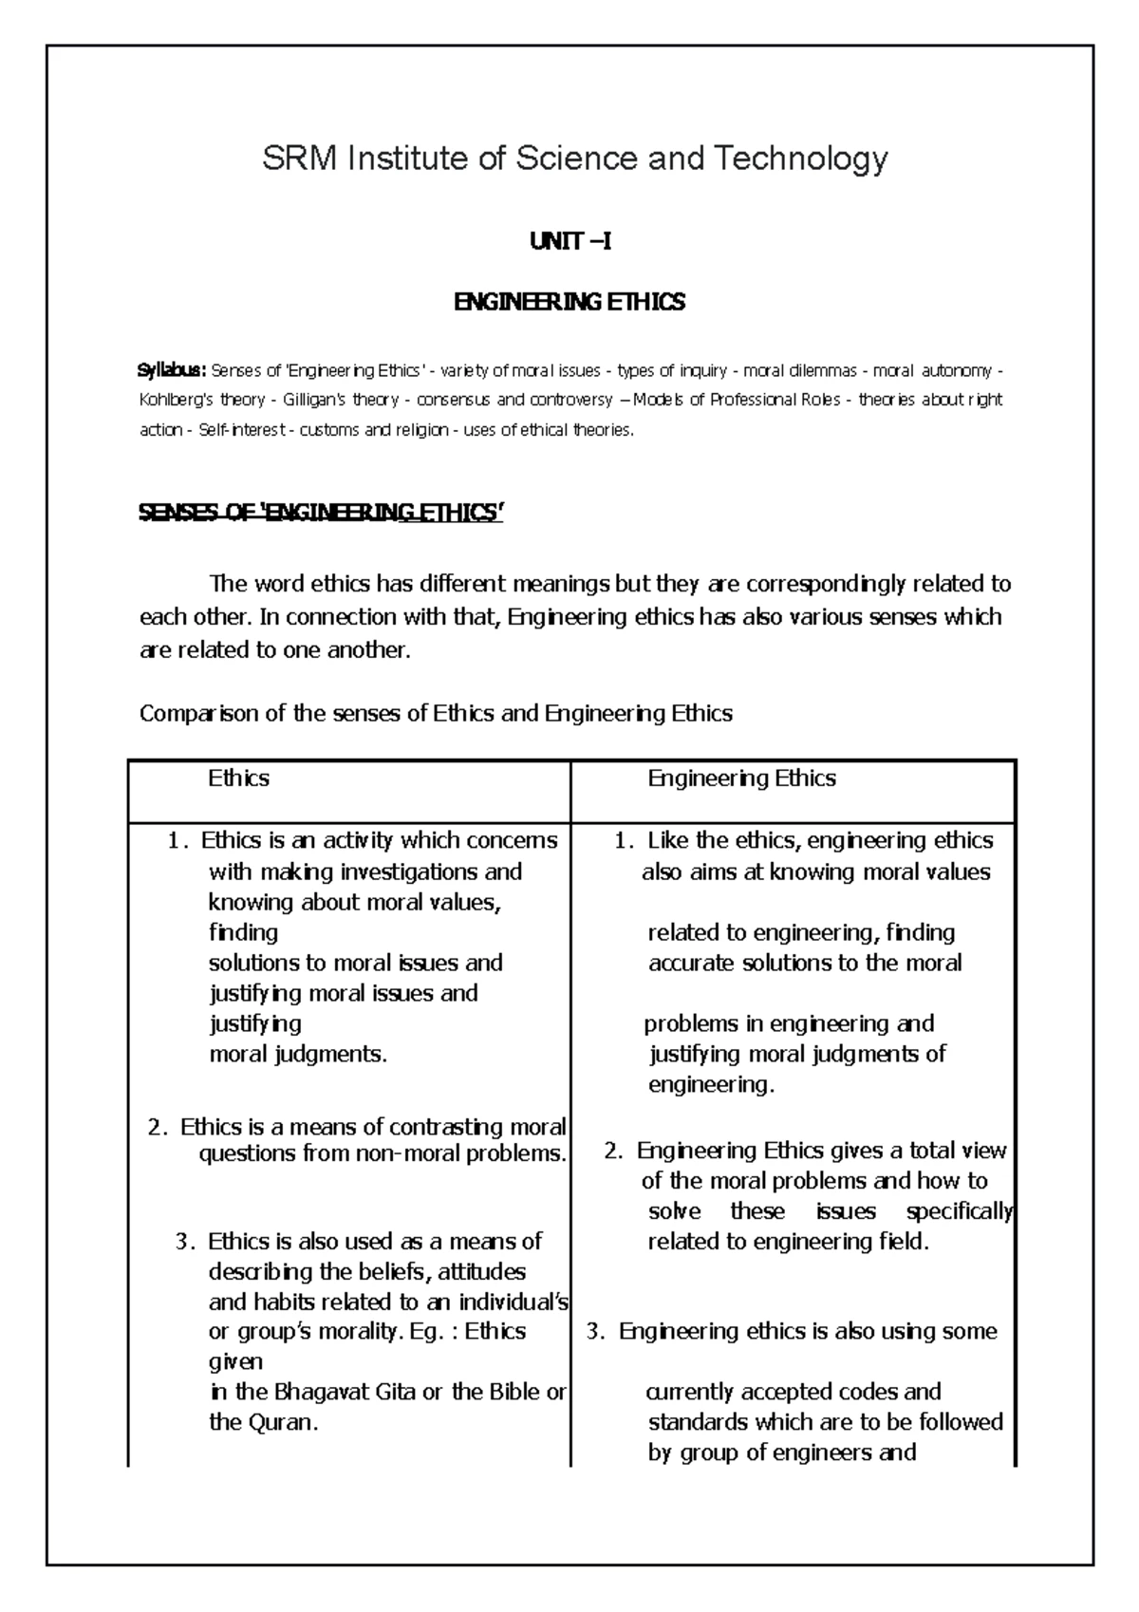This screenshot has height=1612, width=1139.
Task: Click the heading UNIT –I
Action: point(569,242)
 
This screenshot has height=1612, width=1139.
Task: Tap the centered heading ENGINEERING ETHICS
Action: point(569,303)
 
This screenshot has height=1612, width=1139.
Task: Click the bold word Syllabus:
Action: point(173,369)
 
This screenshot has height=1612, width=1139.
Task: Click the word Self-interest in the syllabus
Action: point(243,430)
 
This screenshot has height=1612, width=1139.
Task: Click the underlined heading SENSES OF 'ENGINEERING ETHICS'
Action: point(320,514)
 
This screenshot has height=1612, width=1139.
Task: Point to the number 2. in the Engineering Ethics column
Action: point(613,1152)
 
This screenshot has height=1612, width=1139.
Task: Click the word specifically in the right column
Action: point(959,1212)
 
